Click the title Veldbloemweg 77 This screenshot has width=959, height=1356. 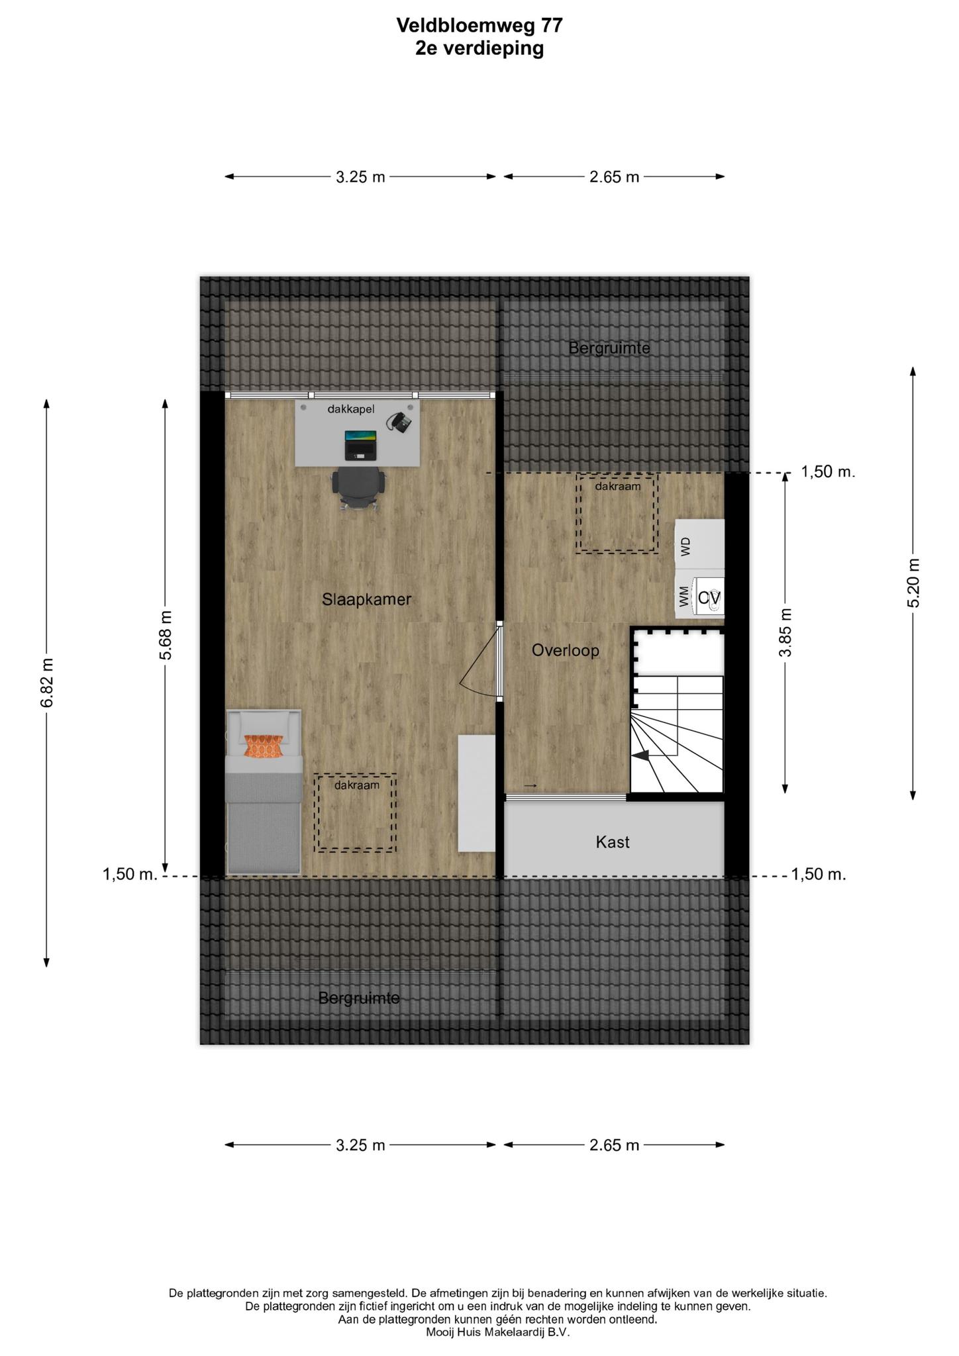pos(480,25)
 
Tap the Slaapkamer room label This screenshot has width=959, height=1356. pos(367,599)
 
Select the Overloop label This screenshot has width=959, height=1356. pos(566,651)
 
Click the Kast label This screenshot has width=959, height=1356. pos(613,842)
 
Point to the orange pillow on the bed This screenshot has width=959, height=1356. pos(264,746)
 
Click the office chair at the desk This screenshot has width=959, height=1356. pos(358,488)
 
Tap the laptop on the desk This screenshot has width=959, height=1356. pos(361,445)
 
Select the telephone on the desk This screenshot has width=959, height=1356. pos(400,422)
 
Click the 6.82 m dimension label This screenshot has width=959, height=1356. pos(46,683)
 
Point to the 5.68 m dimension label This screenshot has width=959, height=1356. pos(166,635)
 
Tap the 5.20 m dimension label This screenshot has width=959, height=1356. pos(913,583)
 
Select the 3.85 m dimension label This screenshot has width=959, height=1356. pos(785,632)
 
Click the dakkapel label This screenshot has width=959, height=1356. pos(351,409)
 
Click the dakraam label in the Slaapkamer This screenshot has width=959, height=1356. pos(357,785)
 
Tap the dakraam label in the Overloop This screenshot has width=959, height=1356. pos(618,486)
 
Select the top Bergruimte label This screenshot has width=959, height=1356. pos(609,348)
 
